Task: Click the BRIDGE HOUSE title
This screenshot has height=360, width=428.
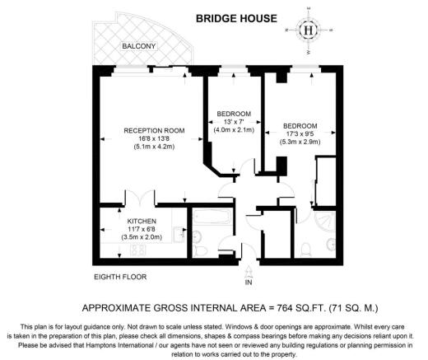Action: pyautogui.click(x=236, y=18)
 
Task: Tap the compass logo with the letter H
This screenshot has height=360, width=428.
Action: pyautogui.click(x=309, y=30)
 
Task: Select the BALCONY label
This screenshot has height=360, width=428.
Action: pyautogui.click(x=139, y=46)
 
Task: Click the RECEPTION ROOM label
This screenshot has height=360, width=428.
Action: pyautogui.click(x=154, y=130)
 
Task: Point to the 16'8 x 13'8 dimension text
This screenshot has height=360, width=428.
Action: pyautogui.click(x=154, y=138)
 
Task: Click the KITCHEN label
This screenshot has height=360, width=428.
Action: pyautogui.click(x=142, y=221)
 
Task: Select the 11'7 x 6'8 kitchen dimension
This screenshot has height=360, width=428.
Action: pyautogui.click(x=142, y=229)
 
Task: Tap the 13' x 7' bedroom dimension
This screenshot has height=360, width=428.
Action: pyautogui.click(x=234, y=122)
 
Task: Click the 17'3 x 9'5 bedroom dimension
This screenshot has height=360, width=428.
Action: pyautogui.click(x=300, y=134)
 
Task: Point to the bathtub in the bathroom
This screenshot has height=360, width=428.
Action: pyautogui.click(x=212, y=217)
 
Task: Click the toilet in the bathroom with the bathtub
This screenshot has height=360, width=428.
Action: pyautogui.click(x=198, y=250)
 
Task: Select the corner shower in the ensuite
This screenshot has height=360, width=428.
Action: pyautogui.click(x=327, y=222)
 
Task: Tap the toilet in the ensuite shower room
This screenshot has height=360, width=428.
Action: pyautogui.click(x=305, y=250)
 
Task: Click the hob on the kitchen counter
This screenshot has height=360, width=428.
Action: pyautogui.click(x=138, y=250)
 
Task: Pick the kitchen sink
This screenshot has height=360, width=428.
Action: pyautogui.click(x=179, y=234)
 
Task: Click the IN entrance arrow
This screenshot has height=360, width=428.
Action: pyautogui.click(x=249, y=272)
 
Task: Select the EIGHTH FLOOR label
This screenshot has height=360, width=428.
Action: pyautogui.click(x=120, y=277)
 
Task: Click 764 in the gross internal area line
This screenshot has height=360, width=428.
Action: pyautogui.click(x=284, y=308)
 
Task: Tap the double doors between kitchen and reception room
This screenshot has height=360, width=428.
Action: pyautogui.click(x=141, y=199)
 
